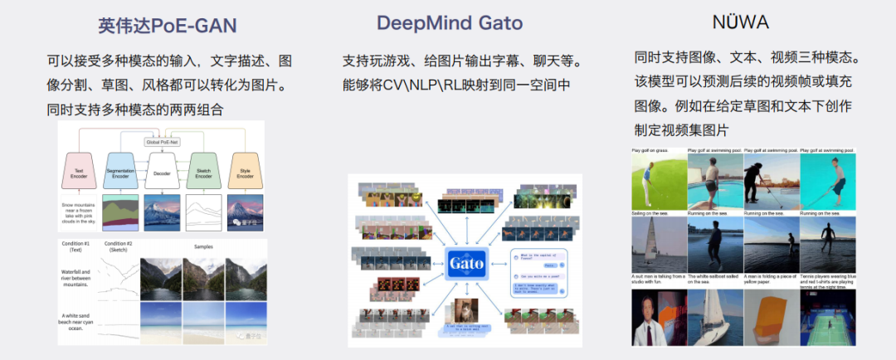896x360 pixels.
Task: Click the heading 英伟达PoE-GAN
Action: point(167,25)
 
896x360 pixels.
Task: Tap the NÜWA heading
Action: point(741,22)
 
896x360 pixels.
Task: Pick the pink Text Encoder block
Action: point(79,171)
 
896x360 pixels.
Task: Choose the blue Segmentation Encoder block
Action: point(121,171)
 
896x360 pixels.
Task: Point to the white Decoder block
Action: point(162,173)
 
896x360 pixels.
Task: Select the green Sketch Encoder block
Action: point(202,171)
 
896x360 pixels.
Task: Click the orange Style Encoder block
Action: point(245,171)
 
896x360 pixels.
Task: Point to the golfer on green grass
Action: point(659,181)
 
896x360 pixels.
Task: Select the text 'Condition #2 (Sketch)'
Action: point(119,247)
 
